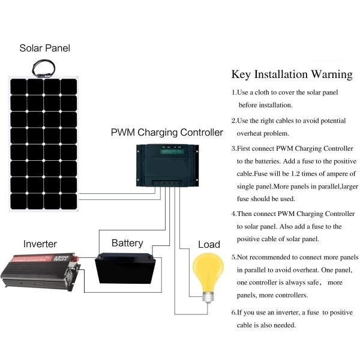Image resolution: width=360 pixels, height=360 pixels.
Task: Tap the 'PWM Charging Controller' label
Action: (167, 133)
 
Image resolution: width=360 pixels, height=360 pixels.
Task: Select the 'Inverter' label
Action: (40, 244)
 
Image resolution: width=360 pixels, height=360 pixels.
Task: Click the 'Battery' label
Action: (127, 243)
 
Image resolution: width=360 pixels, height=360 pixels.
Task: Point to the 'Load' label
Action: (209, 244)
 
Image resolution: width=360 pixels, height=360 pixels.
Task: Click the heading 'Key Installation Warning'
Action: (292, 75)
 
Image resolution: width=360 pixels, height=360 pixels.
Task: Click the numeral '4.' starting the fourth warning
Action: (234, 214)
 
